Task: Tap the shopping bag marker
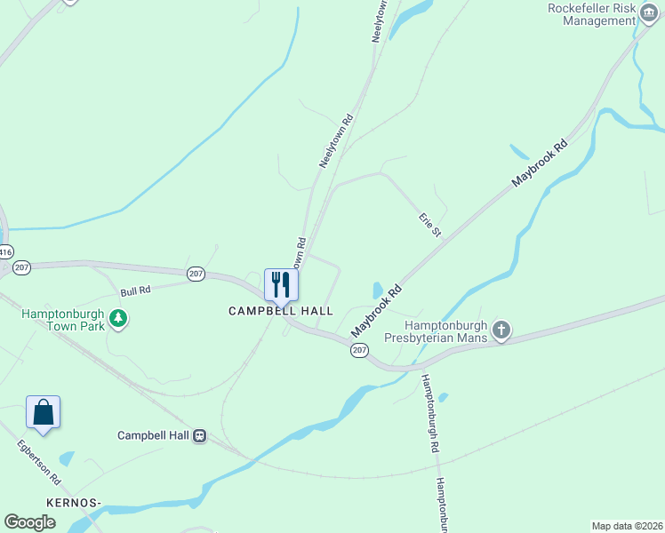[44, 413]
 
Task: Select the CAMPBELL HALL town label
[280, 311]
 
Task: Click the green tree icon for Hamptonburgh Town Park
[117, 318]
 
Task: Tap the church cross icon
[501, 331]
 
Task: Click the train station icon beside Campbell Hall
[200, 436]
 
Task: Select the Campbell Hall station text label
[153, 436]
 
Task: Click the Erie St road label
[430, 224]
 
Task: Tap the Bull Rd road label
[136, 290]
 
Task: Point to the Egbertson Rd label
[37, 463]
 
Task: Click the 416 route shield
[5, 252]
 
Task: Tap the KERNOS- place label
[76, 503]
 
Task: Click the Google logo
[30, 522]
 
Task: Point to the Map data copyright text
[627, 526]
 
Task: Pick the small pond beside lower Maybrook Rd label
[378, 290]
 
